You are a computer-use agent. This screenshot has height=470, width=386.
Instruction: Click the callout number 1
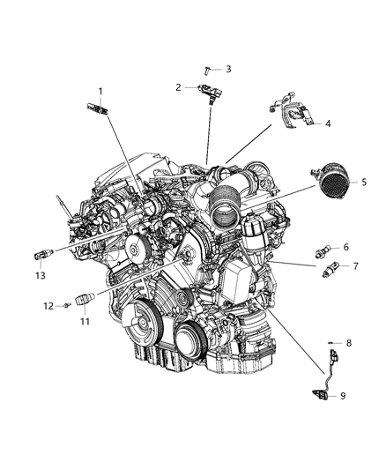(x=100, y=91)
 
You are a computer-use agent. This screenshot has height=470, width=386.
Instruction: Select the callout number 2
(x=178, y=87)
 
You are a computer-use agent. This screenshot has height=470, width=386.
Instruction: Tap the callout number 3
(x=228, y=69)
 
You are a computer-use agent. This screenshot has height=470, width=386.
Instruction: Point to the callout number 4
(x=327, y=124)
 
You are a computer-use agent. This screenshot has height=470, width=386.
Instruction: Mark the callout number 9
(x=345, y=395)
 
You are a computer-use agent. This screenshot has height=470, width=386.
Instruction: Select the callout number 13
(x=38, y=275)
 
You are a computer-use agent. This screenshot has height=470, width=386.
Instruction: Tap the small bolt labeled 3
(x=208, y=69)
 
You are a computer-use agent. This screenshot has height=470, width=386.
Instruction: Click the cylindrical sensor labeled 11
(x=84, y=300)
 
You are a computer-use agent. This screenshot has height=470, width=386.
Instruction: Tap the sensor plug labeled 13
(x=40, y=255)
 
